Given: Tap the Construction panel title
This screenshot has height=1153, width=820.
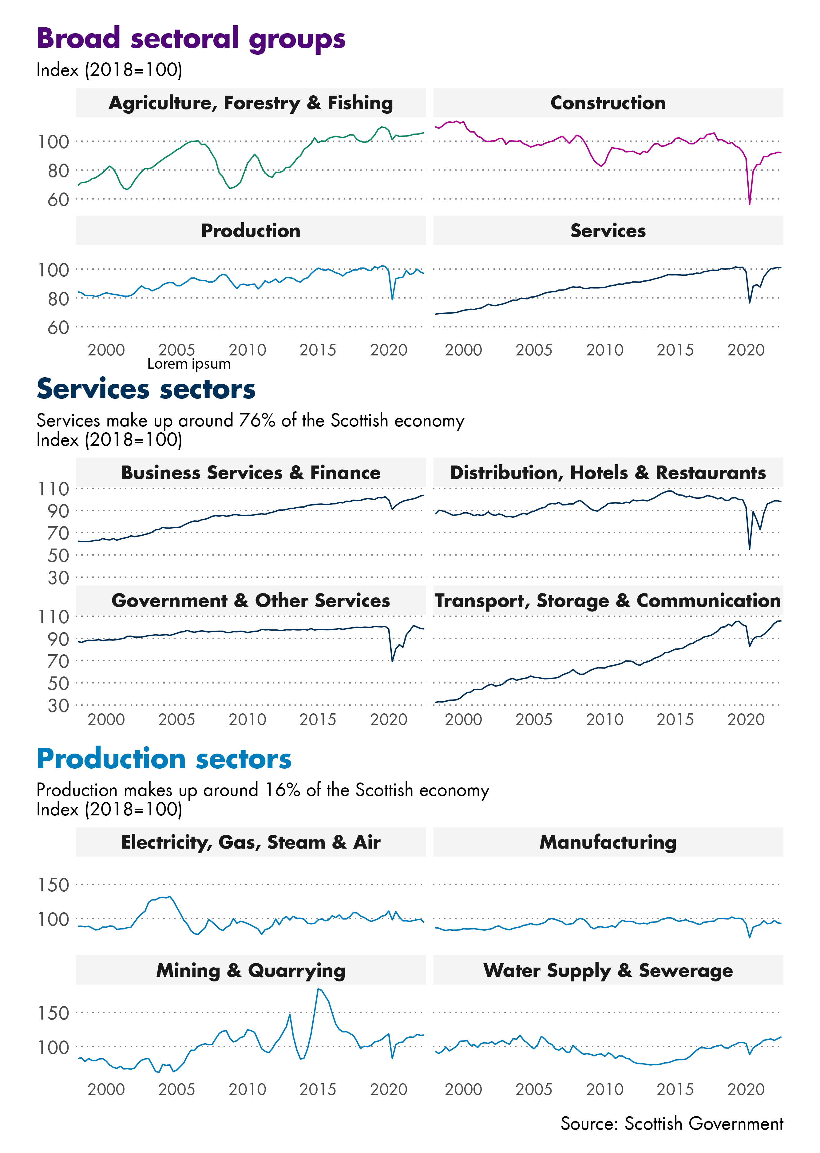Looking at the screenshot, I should click(x=608, y=103).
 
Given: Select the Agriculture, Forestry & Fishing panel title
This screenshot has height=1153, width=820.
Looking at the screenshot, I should click(x=251, y=103).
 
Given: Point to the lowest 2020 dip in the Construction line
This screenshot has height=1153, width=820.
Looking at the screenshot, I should click(x=749, y=204).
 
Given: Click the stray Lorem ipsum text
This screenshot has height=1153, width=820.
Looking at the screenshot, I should click(x=188, y=364).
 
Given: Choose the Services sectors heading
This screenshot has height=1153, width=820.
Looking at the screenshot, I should click(x=146, y=389).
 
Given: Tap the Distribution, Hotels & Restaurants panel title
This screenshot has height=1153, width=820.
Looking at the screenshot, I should click(x=608, y=473).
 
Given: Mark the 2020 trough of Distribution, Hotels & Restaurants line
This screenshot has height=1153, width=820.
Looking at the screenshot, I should click(x=749, y=549).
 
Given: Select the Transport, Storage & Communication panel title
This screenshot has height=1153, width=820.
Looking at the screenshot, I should click(x=608, y=601).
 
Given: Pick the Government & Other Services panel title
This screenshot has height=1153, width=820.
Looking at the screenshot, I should click(x=251, y=601).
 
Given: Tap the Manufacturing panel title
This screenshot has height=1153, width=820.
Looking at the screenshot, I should click(x=608, y=842).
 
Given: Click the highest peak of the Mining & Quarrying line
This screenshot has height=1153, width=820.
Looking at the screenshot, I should click(x=318, y=989).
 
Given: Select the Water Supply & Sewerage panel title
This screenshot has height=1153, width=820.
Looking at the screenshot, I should click(x=608, y=970).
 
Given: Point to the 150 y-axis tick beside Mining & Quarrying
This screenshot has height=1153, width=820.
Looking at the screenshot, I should click(x=53, y=1013).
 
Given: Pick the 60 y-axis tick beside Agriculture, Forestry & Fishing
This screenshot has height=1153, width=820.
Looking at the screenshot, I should click(x=58, y=200).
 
